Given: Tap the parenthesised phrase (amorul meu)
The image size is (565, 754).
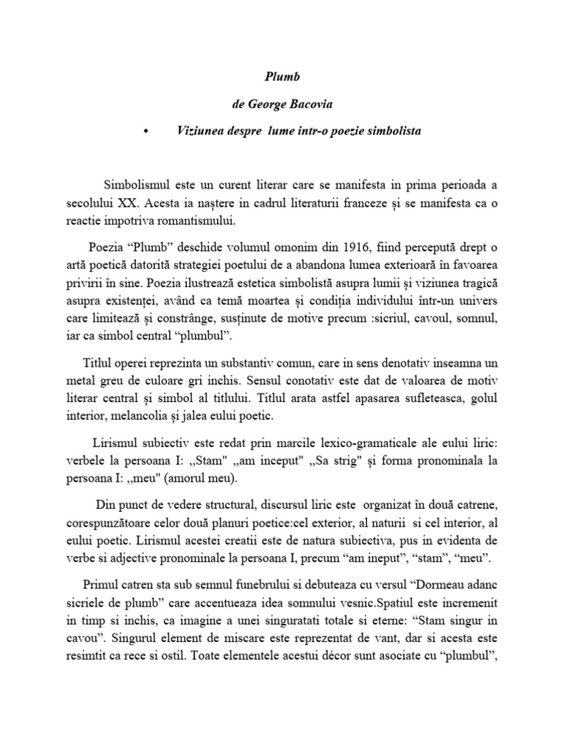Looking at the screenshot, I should (x=205, y=479).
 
